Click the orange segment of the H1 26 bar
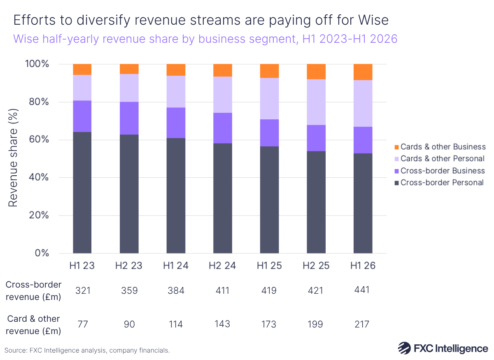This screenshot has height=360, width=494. coord(363,72)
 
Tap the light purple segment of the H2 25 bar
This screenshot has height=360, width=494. coord(316,102)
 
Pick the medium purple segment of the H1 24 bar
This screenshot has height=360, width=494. coord(175,123)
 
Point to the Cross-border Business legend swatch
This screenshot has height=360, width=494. coord(396,171)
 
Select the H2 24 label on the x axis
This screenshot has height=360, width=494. coord(222,266)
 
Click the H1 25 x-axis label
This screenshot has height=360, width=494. coord(269,266)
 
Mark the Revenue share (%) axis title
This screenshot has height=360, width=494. coord(14,159)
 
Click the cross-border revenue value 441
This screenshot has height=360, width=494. coord(363,290)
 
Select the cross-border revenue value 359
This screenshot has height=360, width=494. coord(129,290)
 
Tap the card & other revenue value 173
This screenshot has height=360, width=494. coord(269,325)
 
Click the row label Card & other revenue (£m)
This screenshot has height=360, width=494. coord(33,325)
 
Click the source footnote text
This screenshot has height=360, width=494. coord(87,351)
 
